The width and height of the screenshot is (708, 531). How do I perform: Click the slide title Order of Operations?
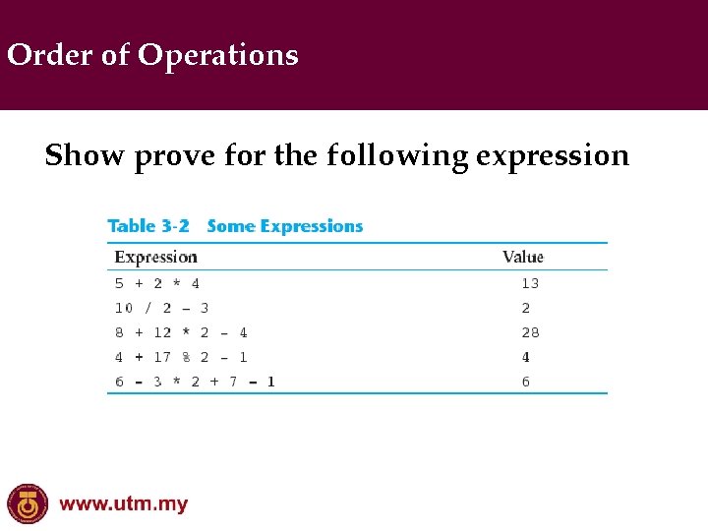(x=152, y=55)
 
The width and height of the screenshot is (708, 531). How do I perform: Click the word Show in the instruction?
(x=86, y=155)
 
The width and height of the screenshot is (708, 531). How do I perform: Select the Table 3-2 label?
(x=148, y=226)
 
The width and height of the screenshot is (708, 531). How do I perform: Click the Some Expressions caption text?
(x=285, y=226)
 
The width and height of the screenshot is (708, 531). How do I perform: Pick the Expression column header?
(x=156, y=258)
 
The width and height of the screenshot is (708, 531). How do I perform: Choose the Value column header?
(x=522, y=258)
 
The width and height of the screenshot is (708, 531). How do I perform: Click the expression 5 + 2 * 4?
(x=157, y=283)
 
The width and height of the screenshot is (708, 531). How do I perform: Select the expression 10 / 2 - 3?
(x=161, y=308)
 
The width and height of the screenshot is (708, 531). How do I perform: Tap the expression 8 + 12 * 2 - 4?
(x=181, y=332)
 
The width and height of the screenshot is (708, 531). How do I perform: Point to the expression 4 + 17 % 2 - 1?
(x=181, y=357)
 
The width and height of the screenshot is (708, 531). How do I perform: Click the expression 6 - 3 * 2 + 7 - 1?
(x=195, y=382)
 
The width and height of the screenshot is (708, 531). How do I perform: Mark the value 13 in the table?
(x=530, y=283)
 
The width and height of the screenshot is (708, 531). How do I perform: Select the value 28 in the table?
(x=530, y=332)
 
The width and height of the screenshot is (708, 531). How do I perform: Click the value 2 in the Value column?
(x=526, y=308)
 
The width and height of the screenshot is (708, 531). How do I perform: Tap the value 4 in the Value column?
(x=526, y=357)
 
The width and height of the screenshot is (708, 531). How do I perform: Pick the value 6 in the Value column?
(x=526, y=382)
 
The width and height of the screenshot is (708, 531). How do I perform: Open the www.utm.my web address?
(x=123, y=505)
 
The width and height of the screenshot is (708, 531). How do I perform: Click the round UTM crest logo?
(x=28, y=504)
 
